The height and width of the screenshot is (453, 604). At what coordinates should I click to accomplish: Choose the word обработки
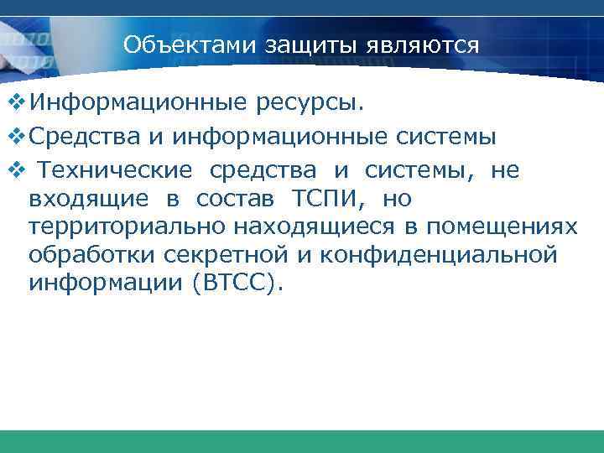point(80,254)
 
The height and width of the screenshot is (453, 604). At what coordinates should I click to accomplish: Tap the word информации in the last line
point(105,282)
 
